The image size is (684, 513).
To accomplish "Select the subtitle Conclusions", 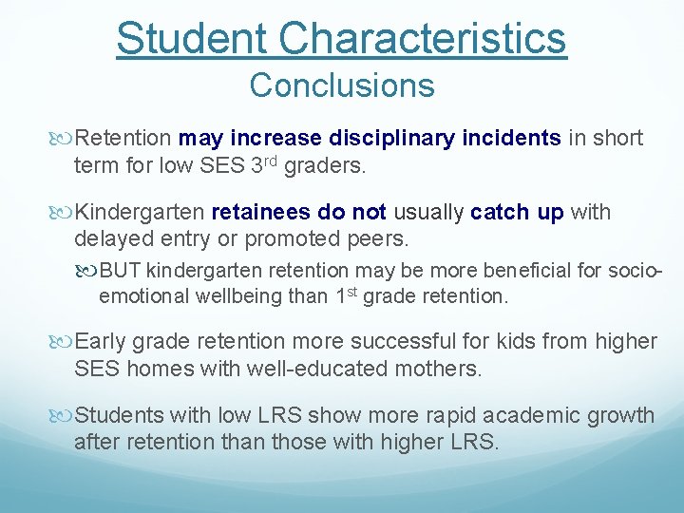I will (342, 85).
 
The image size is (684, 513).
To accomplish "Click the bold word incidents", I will (512, 139).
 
